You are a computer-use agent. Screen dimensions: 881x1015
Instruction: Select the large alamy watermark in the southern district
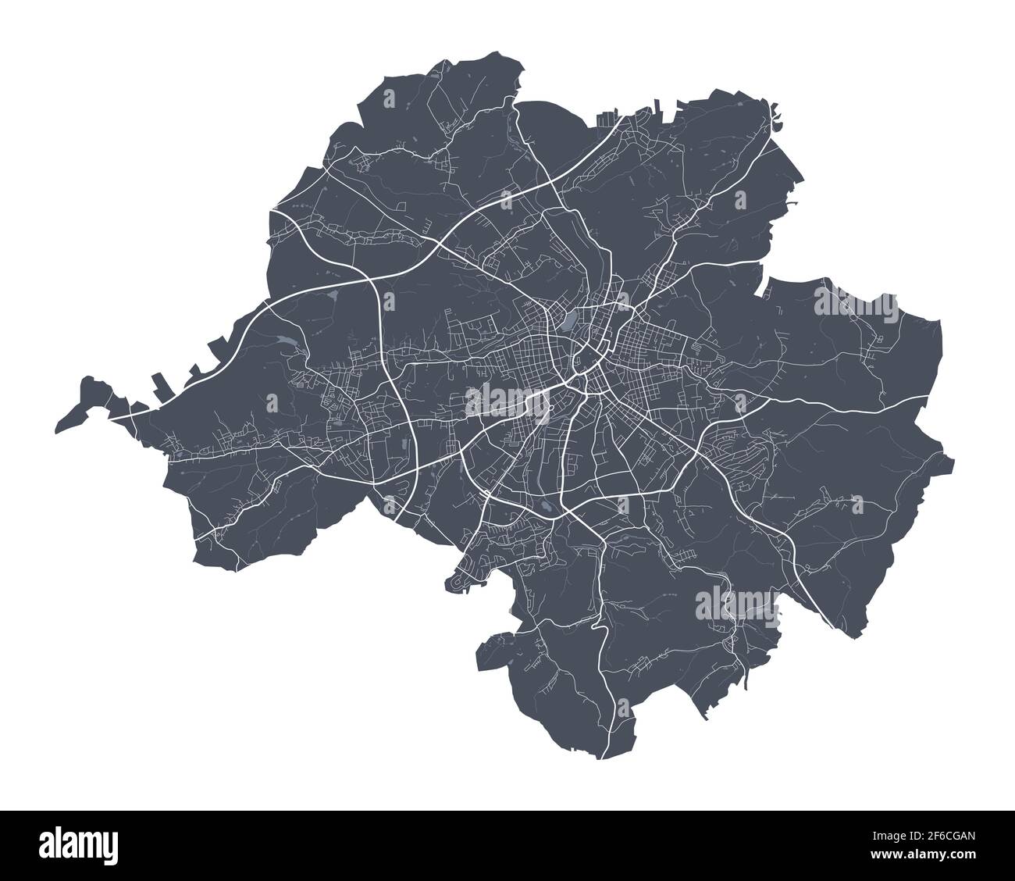click(735, 604)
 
